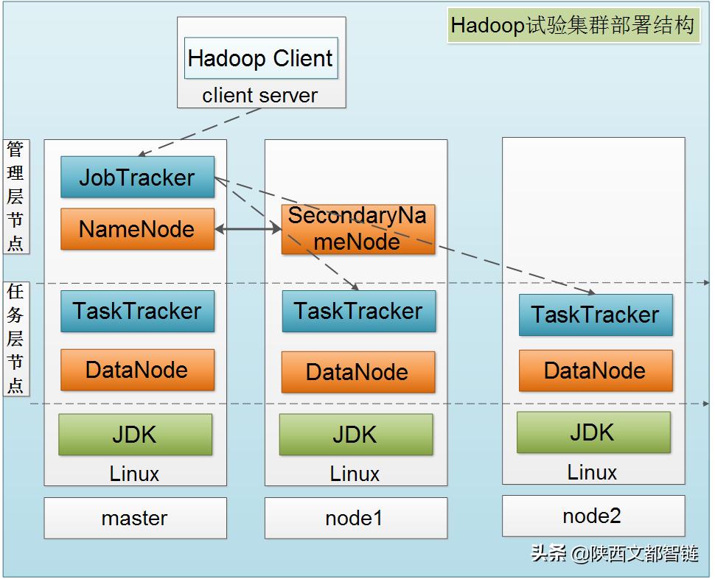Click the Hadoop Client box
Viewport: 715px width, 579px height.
(x=261, y=58)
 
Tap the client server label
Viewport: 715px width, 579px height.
(x=260, y=96)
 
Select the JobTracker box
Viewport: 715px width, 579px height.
(x=137, y=178)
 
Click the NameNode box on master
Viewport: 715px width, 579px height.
(x=137, y=229)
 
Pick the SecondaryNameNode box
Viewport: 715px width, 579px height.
(x=357, y=229)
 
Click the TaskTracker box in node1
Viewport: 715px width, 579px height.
(x=358, y=311)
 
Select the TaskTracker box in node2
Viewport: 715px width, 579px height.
(x=596, y=315)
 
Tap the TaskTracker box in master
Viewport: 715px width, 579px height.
(x=137, y=311)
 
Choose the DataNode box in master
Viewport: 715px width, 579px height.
(x=137, y=370)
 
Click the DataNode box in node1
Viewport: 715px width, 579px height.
(x=357, y=372)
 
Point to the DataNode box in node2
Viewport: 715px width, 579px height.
(x=596, y=371)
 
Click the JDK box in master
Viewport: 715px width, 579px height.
(x=135, y=435)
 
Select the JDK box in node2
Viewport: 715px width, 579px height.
(x=593, y=432)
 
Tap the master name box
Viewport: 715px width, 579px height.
(x=135, y=518)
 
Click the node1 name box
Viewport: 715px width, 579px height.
(x=355, y=518)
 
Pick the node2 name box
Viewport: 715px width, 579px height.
(x=593, y=516)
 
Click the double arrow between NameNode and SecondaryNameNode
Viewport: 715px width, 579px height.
(x=248, y=230)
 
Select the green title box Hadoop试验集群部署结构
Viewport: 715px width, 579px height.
(x=573, y=26)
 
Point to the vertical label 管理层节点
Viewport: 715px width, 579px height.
(x=15, y=197)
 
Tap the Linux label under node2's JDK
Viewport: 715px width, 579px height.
(x=592, y=471)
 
